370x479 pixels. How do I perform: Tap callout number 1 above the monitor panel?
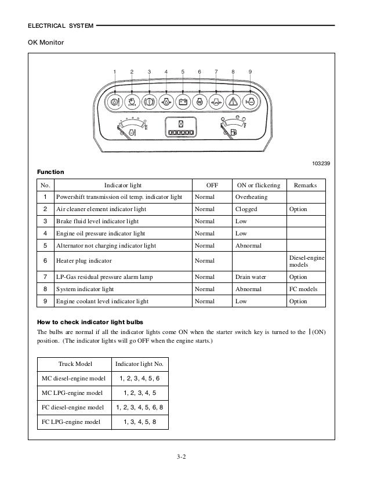click(x=115, y=71)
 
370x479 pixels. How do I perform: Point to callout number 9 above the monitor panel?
click(x=250, y=71)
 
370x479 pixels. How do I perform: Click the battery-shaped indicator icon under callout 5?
click(x=183, y=102)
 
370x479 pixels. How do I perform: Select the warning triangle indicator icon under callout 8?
click(x=233, y=102)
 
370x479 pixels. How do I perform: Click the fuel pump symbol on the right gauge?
click(x=233, y=133)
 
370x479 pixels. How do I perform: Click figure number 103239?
click(x=319, y=164)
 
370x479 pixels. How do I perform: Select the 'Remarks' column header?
click(x=306, y=185)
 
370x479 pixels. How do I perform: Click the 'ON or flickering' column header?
click(x=259, y=185)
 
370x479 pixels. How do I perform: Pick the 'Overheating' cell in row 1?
click(x=252, y=197)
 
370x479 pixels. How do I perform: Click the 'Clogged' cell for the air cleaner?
click(x=246, y=209)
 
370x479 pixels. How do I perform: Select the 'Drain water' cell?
click(x=251, y=277)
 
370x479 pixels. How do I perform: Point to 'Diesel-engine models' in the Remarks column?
click(x=306, y=260)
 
